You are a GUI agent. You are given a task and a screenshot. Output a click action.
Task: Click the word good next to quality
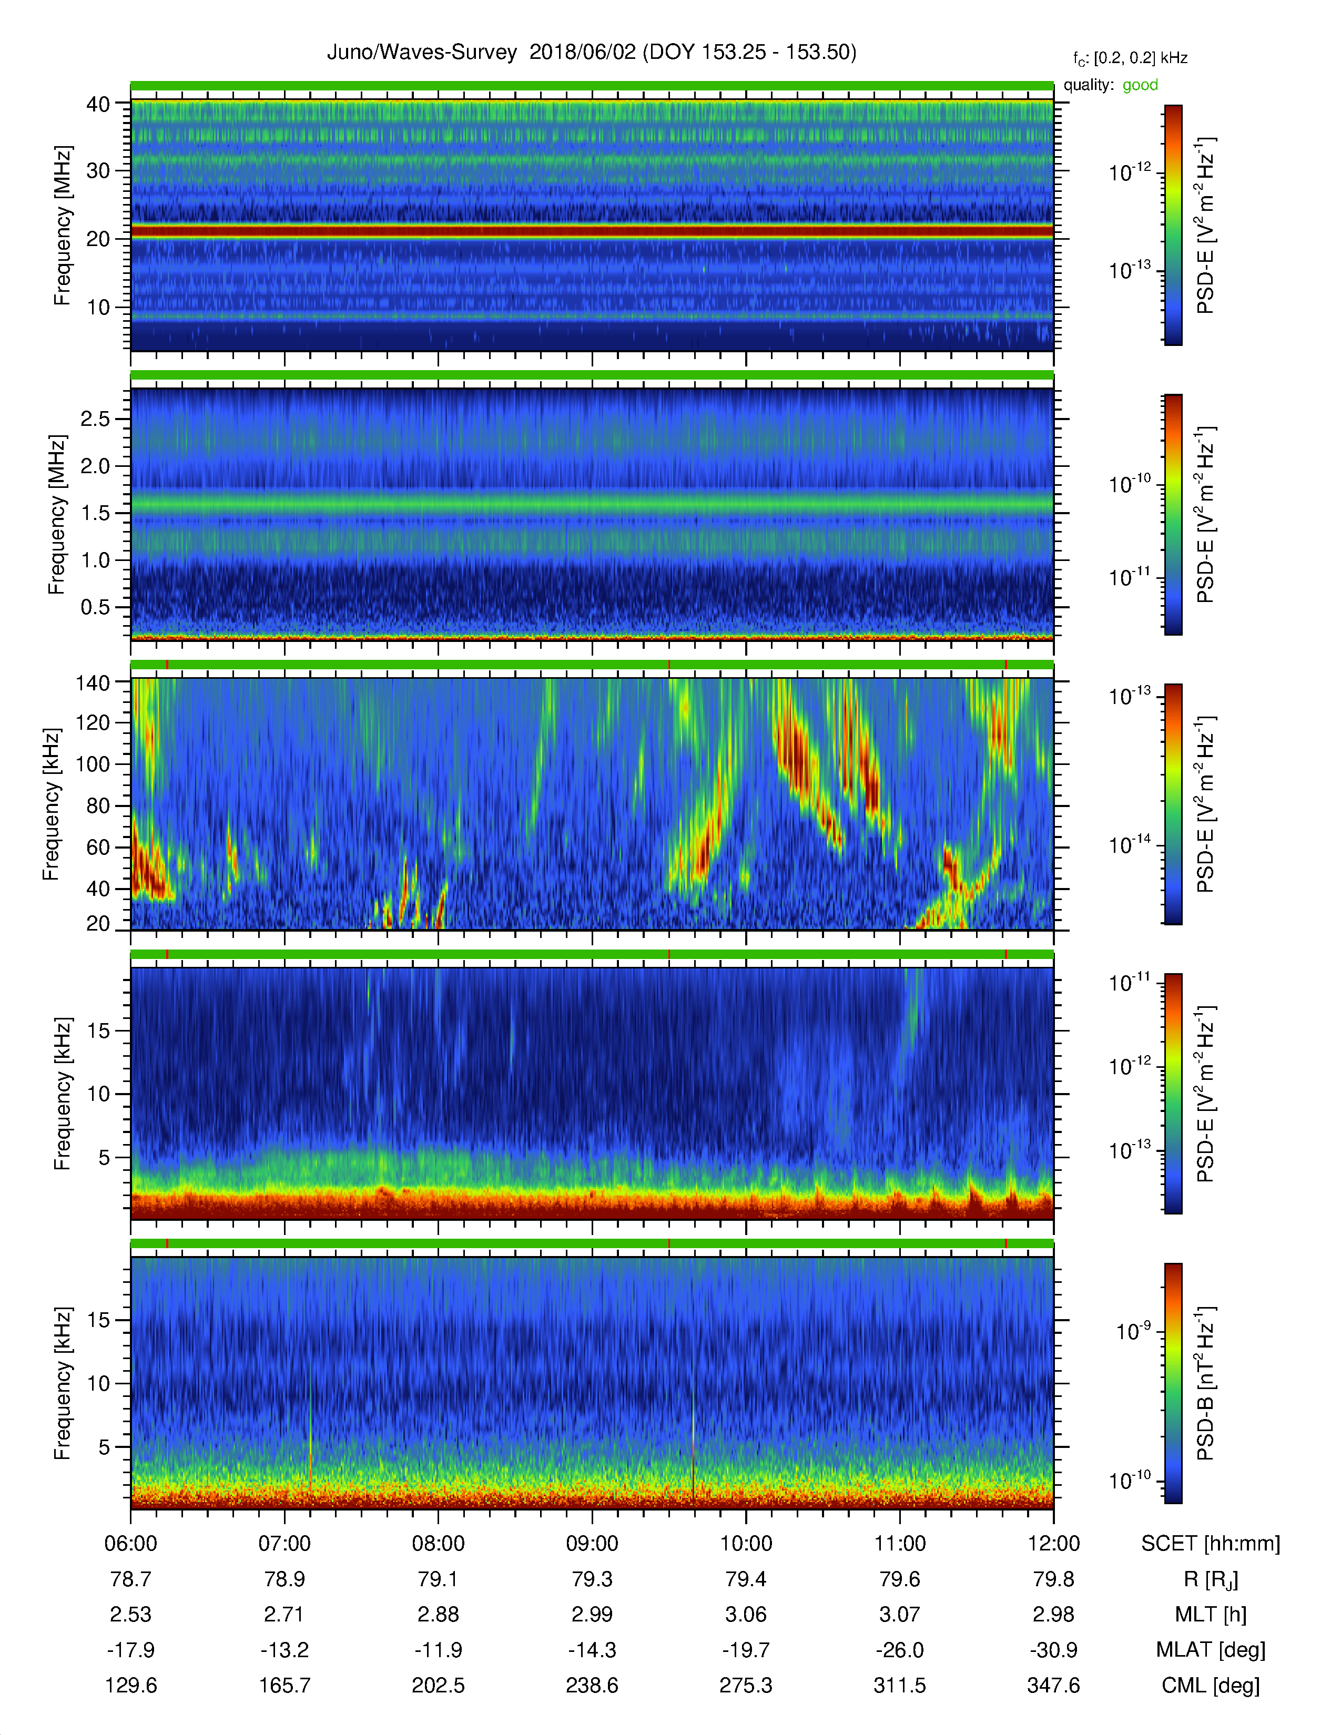point(1140,85)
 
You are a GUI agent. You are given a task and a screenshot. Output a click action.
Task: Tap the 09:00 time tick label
point(592,1544)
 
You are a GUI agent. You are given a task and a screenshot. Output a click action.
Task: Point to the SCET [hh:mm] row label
point(1211,1544)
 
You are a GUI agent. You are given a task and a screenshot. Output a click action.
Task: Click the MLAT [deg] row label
point(1211,1650)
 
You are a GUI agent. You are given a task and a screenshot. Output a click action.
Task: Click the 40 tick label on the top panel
point(98,104)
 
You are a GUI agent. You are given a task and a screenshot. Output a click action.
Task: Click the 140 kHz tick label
point(92,683)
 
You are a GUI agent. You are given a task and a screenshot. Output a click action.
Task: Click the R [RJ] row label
point(1211,1579)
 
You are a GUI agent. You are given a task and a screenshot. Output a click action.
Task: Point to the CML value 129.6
point(130,1685)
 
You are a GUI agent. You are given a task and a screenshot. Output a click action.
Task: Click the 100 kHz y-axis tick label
point(92,764)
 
